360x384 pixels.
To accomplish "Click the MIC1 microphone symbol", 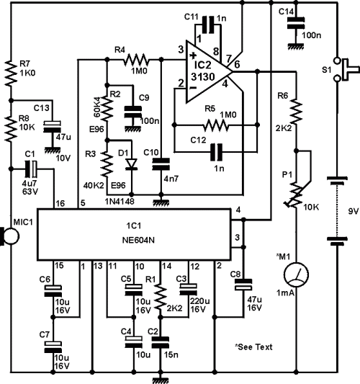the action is [x=10, y=236].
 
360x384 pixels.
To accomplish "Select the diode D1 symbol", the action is [x=131, y=164].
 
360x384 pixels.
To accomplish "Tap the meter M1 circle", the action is [x=296, y=274].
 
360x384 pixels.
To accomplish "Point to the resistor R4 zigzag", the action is [x=136, y=60].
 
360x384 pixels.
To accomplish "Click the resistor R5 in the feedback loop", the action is [x=216, y=125].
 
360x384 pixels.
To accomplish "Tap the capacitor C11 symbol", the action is [x=208, y=24].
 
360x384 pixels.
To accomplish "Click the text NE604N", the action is [x=138, y=240].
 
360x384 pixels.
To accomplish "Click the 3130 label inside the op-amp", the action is [x=203, y=77].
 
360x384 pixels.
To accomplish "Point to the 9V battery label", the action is [x=353, y=211].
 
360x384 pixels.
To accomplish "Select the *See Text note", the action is [x=253, y=347].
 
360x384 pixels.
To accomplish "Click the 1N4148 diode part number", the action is [x=120, y=202].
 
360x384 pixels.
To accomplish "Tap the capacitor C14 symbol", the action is [x=296, y=23].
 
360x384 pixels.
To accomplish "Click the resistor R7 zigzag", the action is [x=11, y=73].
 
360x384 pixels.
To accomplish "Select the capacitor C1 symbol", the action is [x=31, y=169].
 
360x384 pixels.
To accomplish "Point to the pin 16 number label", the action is [x=60, y=203].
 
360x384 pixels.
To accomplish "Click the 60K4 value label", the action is [x=97, y=107].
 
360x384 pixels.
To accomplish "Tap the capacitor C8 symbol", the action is [x=243, y=285].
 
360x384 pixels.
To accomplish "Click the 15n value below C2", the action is [x=171, y=354].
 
